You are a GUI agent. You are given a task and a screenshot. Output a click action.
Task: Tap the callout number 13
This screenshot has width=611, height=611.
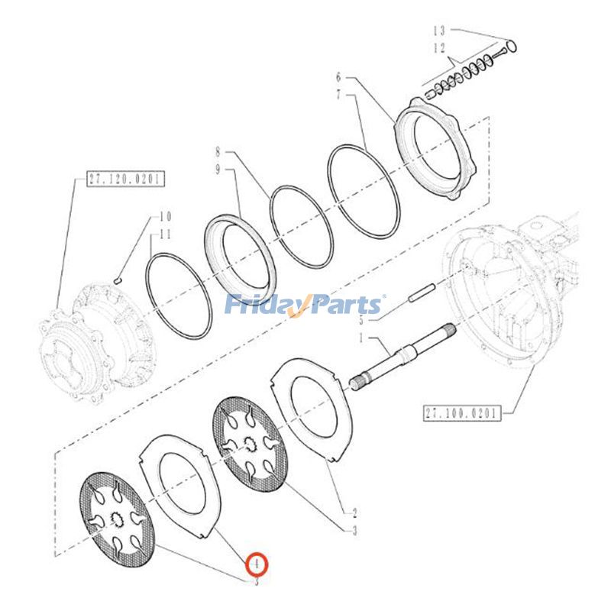coord(438,31)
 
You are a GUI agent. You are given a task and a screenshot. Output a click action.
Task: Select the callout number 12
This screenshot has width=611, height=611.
coord(438,47)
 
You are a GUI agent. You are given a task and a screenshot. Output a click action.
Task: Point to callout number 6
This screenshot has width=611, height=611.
coord(338,76)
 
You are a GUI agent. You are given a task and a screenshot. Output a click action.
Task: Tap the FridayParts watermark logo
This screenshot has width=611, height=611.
coord(305,305)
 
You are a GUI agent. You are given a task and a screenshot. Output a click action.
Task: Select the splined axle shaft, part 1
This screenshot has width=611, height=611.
coord(405,358)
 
